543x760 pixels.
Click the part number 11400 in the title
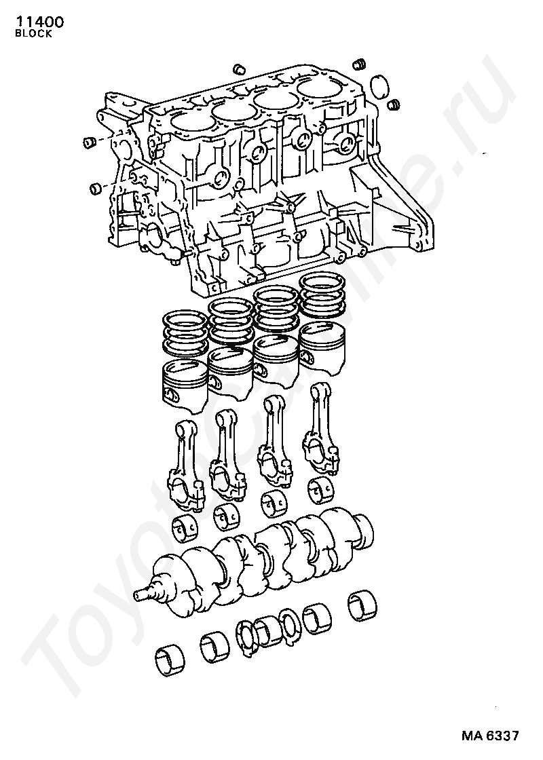pos(40,22)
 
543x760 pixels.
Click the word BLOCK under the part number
pos(33,34)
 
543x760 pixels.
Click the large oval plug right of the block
pos(379,86)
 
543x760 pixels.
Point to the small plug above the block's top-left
pos(238,69)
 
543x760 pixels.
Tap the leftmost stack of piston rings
pos(184,332)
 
